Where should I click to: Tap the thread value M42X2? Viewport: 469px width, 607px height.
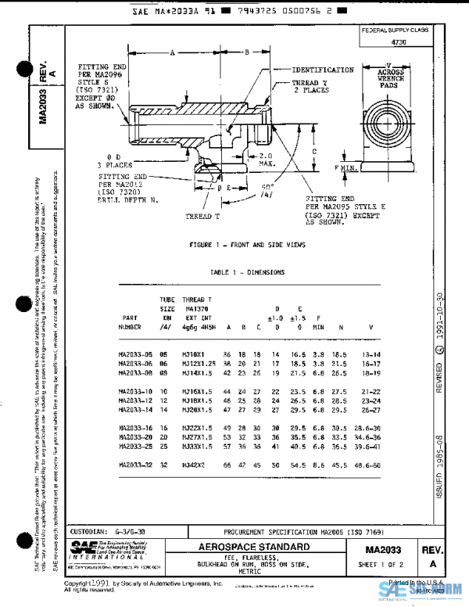pyautogui.click(x=192, y=465)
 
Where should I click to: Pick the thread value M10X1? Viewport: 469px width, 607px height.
pyautogui.click(x=192, y=354)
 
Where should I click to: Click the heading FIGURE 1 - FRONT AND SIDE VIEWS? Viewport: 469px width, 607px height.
pyautogui.click(x=247, y=245)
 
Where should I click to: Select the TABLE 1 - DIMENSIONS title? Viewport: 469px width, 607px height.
pyautogui.click(x=247, y=272)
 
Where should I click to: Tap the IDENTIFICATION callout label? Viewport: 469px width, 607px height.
pyautogui.click(x=323, y=70)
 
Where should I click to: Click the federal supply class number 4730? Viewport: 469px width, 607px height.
pyautogui.click(x=399, y=43)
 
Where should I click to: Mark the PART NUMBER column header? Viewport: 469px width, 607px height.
pyautogui.click(x=131, y=323)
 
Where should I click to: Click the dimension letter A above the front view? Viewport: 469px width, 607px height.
pyautogui.click(x=172, y=52)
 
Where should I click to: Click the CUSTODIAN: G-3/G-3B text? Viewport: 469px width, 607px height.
pyautogui.click(x=106, y=530)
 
